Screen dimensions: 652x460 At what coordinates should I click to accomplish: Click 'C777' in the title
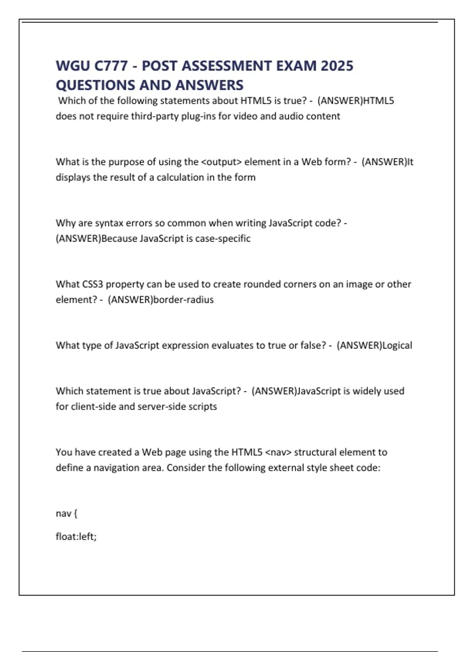[111, 66]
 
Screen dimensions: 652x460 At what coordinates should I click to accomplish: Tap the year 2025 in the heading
[337, 66]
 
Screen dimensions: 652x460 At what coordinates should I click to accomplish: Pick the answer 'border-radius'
[183, 300]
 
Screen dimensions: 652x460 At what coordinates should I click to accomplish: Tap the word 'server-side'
[161, 407]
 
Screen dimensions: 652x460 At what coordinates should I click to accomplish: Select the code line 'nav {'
[66, 514]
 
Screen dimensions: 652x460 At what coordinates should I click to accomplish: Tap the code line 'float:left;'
[76, 537]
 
